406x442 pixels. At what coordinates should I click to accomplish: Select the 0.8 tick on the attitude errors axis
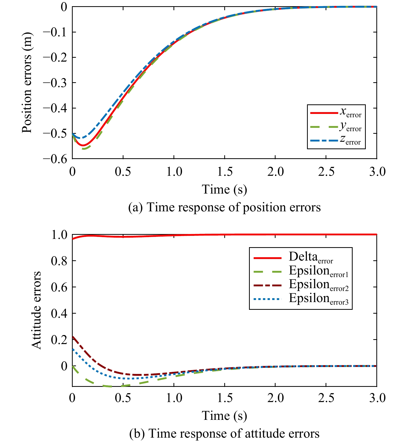[59, 261]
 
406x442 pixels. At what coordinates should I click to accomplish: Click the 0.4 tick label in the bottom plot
[59, 313]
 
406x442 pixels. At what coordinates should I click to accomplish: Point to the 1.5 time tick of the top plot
[225, 172]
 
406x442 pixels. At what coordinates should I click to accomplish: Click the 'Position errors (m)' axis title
[27, 83]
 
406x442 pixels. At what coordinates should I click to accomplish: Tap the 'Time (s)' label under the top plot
[224, 190]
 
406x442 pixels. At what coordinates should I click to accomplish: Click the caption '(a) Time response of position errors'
[224, 207]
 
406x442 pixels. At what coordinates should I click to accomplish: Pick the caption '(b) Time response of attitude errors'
[224, 433]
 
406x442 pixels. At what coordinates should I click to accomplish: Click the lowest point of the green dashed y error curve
[84, 149]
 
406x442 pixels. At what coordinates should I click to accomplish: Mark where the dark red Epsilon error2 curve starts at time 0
[73, 336]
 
